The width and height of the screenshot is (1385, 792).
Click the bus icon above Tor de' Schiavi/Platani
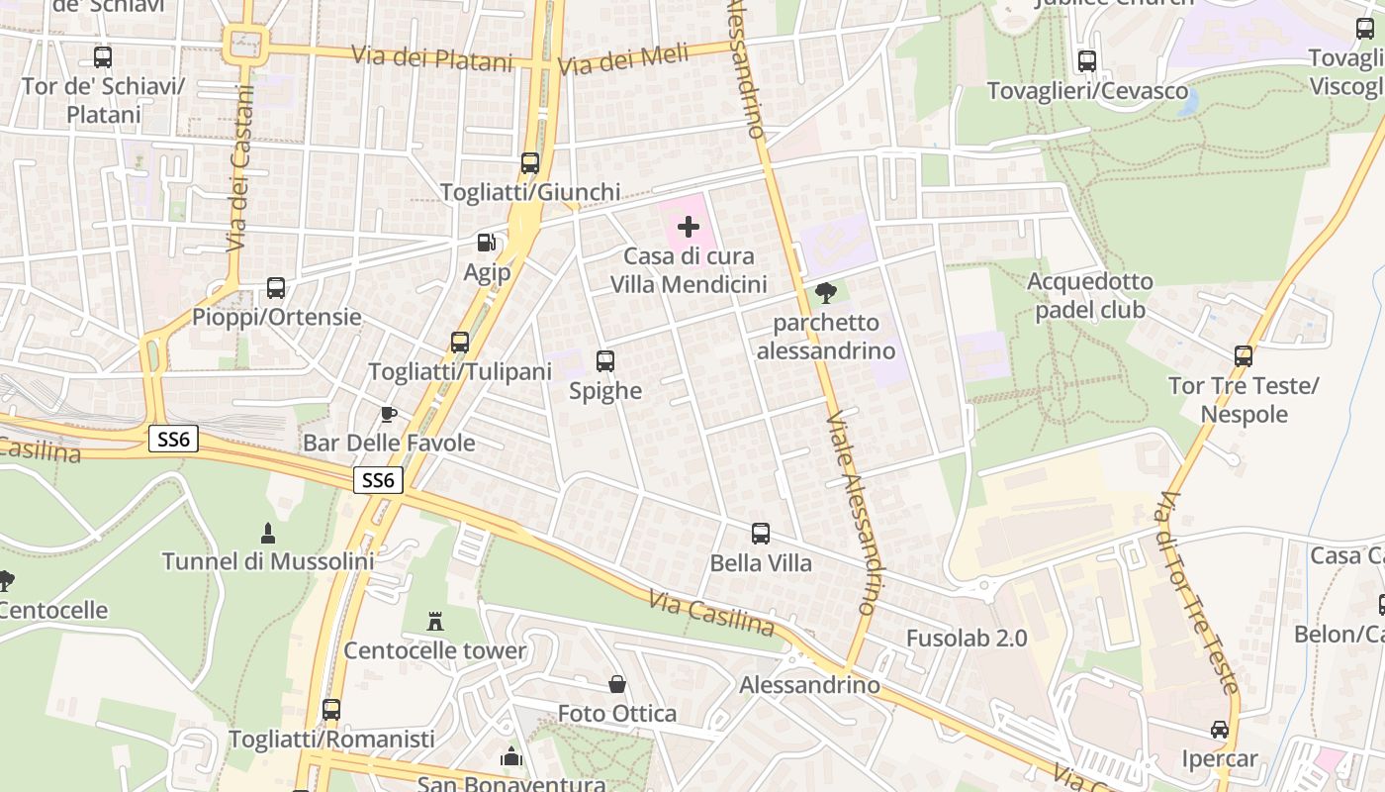[x=103, y=57]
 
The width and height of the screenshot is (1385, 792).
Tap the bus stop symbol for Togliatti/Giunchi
[x=530, y=163]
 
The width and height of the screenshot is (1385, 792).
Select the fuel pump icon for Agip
[x=486, y=243]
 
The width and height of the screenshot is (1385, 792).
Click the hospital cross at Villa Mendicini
[x=689, y=227]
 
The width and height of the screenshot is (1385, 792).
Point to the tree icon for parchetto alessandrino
[x=826, y=293]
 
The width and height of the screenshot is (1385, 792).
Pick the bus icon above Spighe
[x=605, y=361]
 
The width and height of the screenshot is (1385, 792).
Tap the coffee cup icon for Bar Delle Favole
[x=389, y=414]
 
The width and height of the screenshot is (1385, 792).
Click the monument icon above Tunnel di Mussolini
[x=267, y=534]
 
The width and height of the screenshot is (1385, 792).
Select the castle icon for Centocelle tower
[x=434, y=622]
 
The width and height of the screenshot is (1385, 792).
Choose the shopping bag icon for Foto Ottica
[x=617, y=684]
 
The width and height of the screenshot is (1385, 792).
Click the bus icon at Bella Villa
[x=761, y=534]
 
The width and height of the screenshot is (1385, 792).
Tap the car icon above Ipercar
[x=1220, y=730]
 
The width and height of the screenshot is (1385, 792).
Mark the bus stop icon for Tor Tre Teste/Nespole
[x=1244, y=356]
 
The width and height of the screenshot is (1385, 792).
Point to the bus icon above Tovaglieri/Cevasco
[x=1087, y=61]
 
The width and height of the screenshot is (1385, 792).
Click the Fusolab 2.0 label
[x=967, y=638]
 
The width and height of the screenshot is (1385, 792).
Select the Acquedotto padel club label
[x=1089, y=296]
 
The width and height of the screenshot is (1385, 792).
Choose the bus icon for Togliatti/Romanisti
[x=331, y=710]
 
